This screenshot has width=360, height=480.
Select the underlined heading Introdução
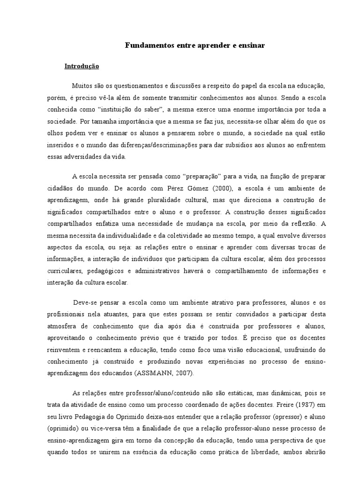tap(82, 67)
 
